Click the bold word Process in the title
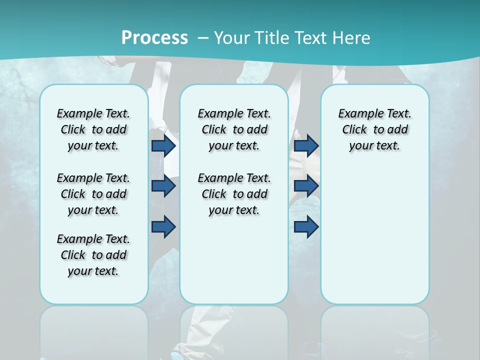[x=154, y=37]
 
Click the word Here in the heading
[x=351, y=37]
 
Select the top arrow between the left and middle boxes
[x=163, y=145]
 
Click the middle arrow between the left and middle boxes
[x=163, y=186]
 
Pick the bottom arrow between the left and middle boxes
[x=163, y=226]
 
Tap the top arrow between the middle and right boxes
[x=306, y=145]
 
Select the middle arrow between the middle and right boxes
[x=306, y=186]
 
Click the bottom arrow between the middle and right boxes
[x=306, y=226]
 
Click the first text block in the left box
[x=93, y=129]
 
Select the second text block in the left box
[x=93, y=194]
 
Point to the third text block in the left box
[x=93, y=255]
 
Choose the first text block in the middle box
[x=234, y=129]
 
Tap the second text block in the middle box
[x=234, y=194]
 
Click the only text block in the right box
[x=374, y=129]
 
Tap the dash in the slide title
[x=203, y=37]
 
